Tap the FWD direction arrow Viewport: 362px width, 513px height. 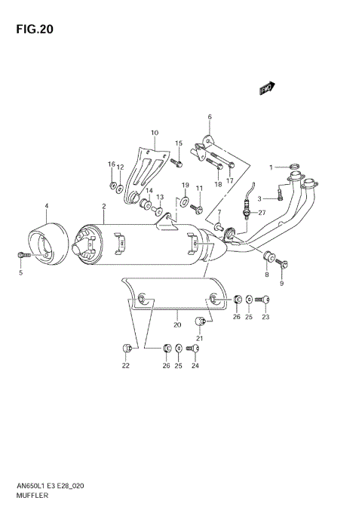point(265,89)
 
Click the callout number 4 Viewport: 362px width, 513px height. point(46,206)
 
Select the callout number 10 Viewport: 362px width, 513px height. point(154,133)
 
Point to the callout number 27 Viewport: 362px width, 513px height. point(262,213)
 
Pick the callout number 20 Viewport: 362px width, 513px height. point(176,325)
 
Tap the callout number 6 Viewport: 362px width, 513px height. point(210,117)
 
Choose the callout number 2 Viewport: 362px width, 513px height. point(103,206)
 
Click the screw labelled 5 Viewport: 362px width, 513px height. point(21,256)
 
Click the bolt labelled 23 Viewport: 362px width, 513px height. point(265,300)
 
